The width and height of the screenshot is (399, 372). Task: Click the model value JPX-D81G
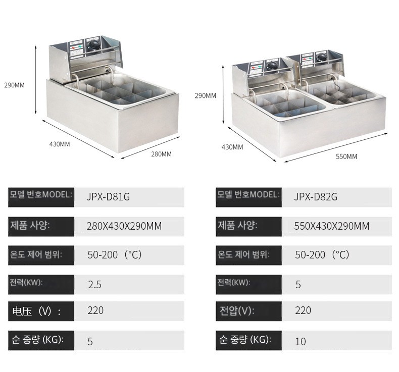click(x=108, y=197)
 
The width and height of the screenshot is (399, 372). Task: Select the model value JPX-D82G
click(x=316, y=197)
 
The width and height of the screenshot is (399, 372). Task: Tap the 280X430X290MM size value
click(x=124, y=226)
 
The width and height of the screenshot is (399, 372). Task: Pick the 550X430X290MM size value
click(x=331, y=226)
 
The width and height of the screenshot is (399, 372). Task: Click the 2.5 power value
click(x=94, y=285)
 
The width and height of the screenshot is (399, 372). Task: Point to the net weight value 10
click(x=301, y=342)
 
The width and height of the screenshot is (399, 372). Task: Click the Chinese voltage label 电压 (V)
click(x=36, y=311)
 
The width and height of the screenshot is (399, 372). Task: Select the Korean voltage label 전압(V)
click(x=237, y=311)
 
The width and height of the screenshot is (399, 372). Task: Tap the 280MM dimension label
click(x=161, y=154)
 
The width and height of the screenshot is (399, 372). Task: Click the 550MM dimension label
click(x=346, y=156)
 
